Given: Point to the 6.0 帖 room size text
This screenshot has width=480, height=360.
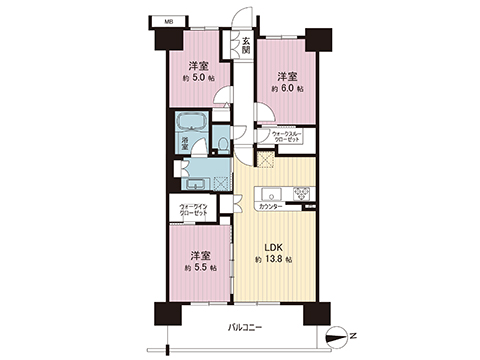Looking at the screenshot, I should pyautogui.click(x=286, y=88).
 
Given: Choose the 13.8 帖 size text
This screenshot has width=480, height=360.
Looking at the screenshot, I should pyautogui.click(x=272, y=259).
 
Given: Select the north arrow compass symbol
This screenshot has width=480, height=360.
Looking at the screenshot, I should pyautogui.click(x=341, y=334).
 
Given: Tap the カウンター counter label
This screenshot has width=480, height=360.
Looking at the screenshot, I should pyautogui.click(x=270, y=206).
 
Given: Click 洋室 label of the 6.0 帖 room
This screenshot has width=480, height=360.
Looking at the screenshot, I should pyautogui.click(x=287, y=74).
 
